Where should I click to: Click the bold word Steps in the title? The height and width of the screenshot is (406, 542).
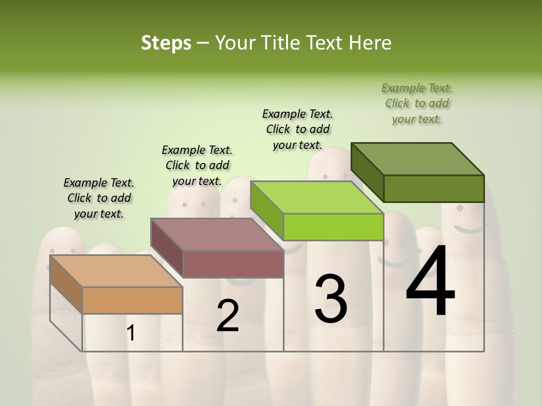(166, 43)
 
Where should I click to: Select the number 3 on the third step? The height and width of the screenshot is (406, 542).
(331, 299)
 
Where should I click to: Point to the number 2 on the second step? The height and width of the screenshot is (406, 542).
(228, 316)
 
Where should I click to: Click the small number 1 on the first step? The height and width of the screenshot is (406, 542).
(131, 333)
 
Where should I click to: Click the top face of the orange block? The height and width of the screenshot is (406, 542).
(116, 271)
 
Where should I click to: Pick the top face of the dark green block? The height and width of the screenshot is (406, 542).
(417, 159)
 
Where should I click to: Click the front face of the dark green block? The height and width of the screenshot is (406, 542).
(434, 188)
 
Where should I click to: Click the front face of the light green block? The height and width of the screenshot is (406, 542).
(333, 227)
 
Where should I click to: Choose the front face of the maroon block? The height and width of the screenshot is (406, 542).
(233, 264)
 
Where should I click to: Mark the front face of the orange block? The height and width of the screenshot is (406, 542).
(133, 300)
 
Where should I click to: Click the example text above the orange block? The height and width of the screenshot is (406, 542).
(99, 198)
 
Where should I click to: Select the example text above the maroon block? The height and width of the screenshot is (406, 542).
(197, 165)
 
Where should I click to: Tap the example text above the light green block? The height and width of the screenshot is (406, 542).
(298, 129)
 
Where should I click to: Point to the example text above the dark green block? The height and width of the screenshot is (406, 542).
(417, 103)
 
